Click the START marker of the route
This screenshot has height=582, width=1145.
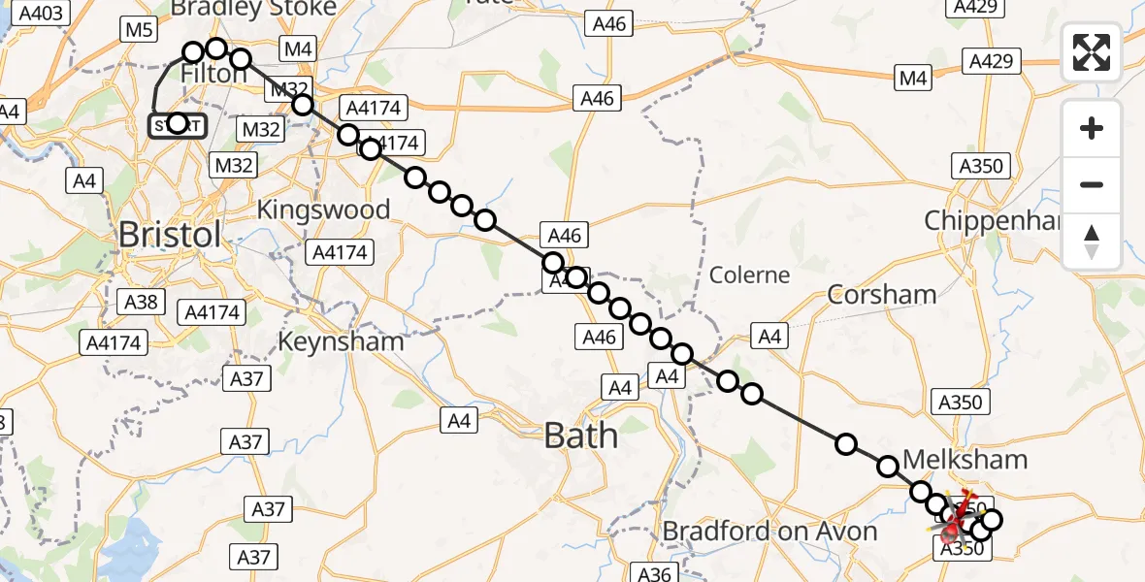click(177, 125)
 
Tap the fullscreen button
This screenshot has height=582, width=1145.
click(1092, 52)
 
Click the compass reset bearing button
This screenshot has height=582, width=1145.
click(1092, 242)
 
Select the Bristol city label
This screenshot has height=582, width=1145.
click(170, 235)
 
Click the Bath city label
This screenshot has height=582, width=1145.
click(581, 435)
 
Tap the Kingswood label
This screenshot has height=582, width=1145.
click(323, 210)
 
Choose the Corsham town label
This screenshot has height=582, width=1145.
click(882, 294)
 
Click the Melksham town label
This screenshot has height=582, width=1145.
click(951, 458)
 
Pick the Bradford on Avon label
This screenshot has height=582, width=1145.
click(769, 532)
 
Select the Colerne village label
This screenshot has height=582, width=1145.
click(749, 275)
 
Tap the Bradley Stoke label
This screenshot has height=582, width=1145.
click(253, 9)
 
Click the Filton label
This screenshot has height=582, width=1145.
click(214, 74)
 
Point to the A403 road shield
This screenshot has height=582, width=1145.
click(41, 14)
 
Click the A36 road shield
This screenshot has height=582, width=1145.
click(655, 572)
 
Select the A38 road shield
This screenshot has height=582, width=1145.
click(141, 302)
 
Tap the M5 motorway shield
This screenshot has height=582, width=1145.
click(140, 30)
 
